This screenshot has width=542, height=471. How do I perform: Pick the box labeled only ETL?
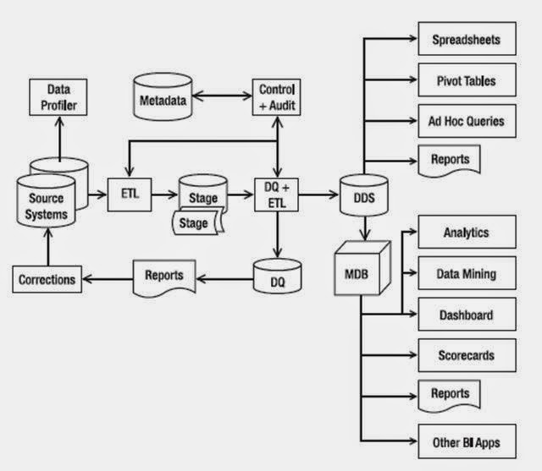(128, 197)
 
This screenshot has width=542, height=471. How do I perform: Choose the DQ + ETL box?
(277, 197)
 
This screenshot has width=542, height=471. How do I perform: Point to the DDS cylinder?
(362, 198)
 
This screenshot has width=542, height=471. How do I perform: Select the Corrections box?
(47, 277)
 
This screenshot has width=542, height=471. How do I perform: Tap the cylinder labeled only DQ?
(277, 277)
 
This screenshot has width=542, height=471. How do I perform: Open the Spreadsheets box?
(466, 40)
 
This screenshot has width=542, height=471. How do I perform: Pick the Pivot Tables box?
(466, 81)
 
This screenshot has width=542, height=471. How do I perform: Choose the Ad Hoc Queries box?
(466, 121)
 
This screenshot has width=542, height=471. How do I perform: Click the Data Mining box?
(466, 274)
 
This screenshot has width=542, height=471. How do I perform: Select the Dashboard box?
(466, 315)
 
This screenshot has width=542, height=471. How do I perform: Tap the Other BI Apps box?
(466, 441)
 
